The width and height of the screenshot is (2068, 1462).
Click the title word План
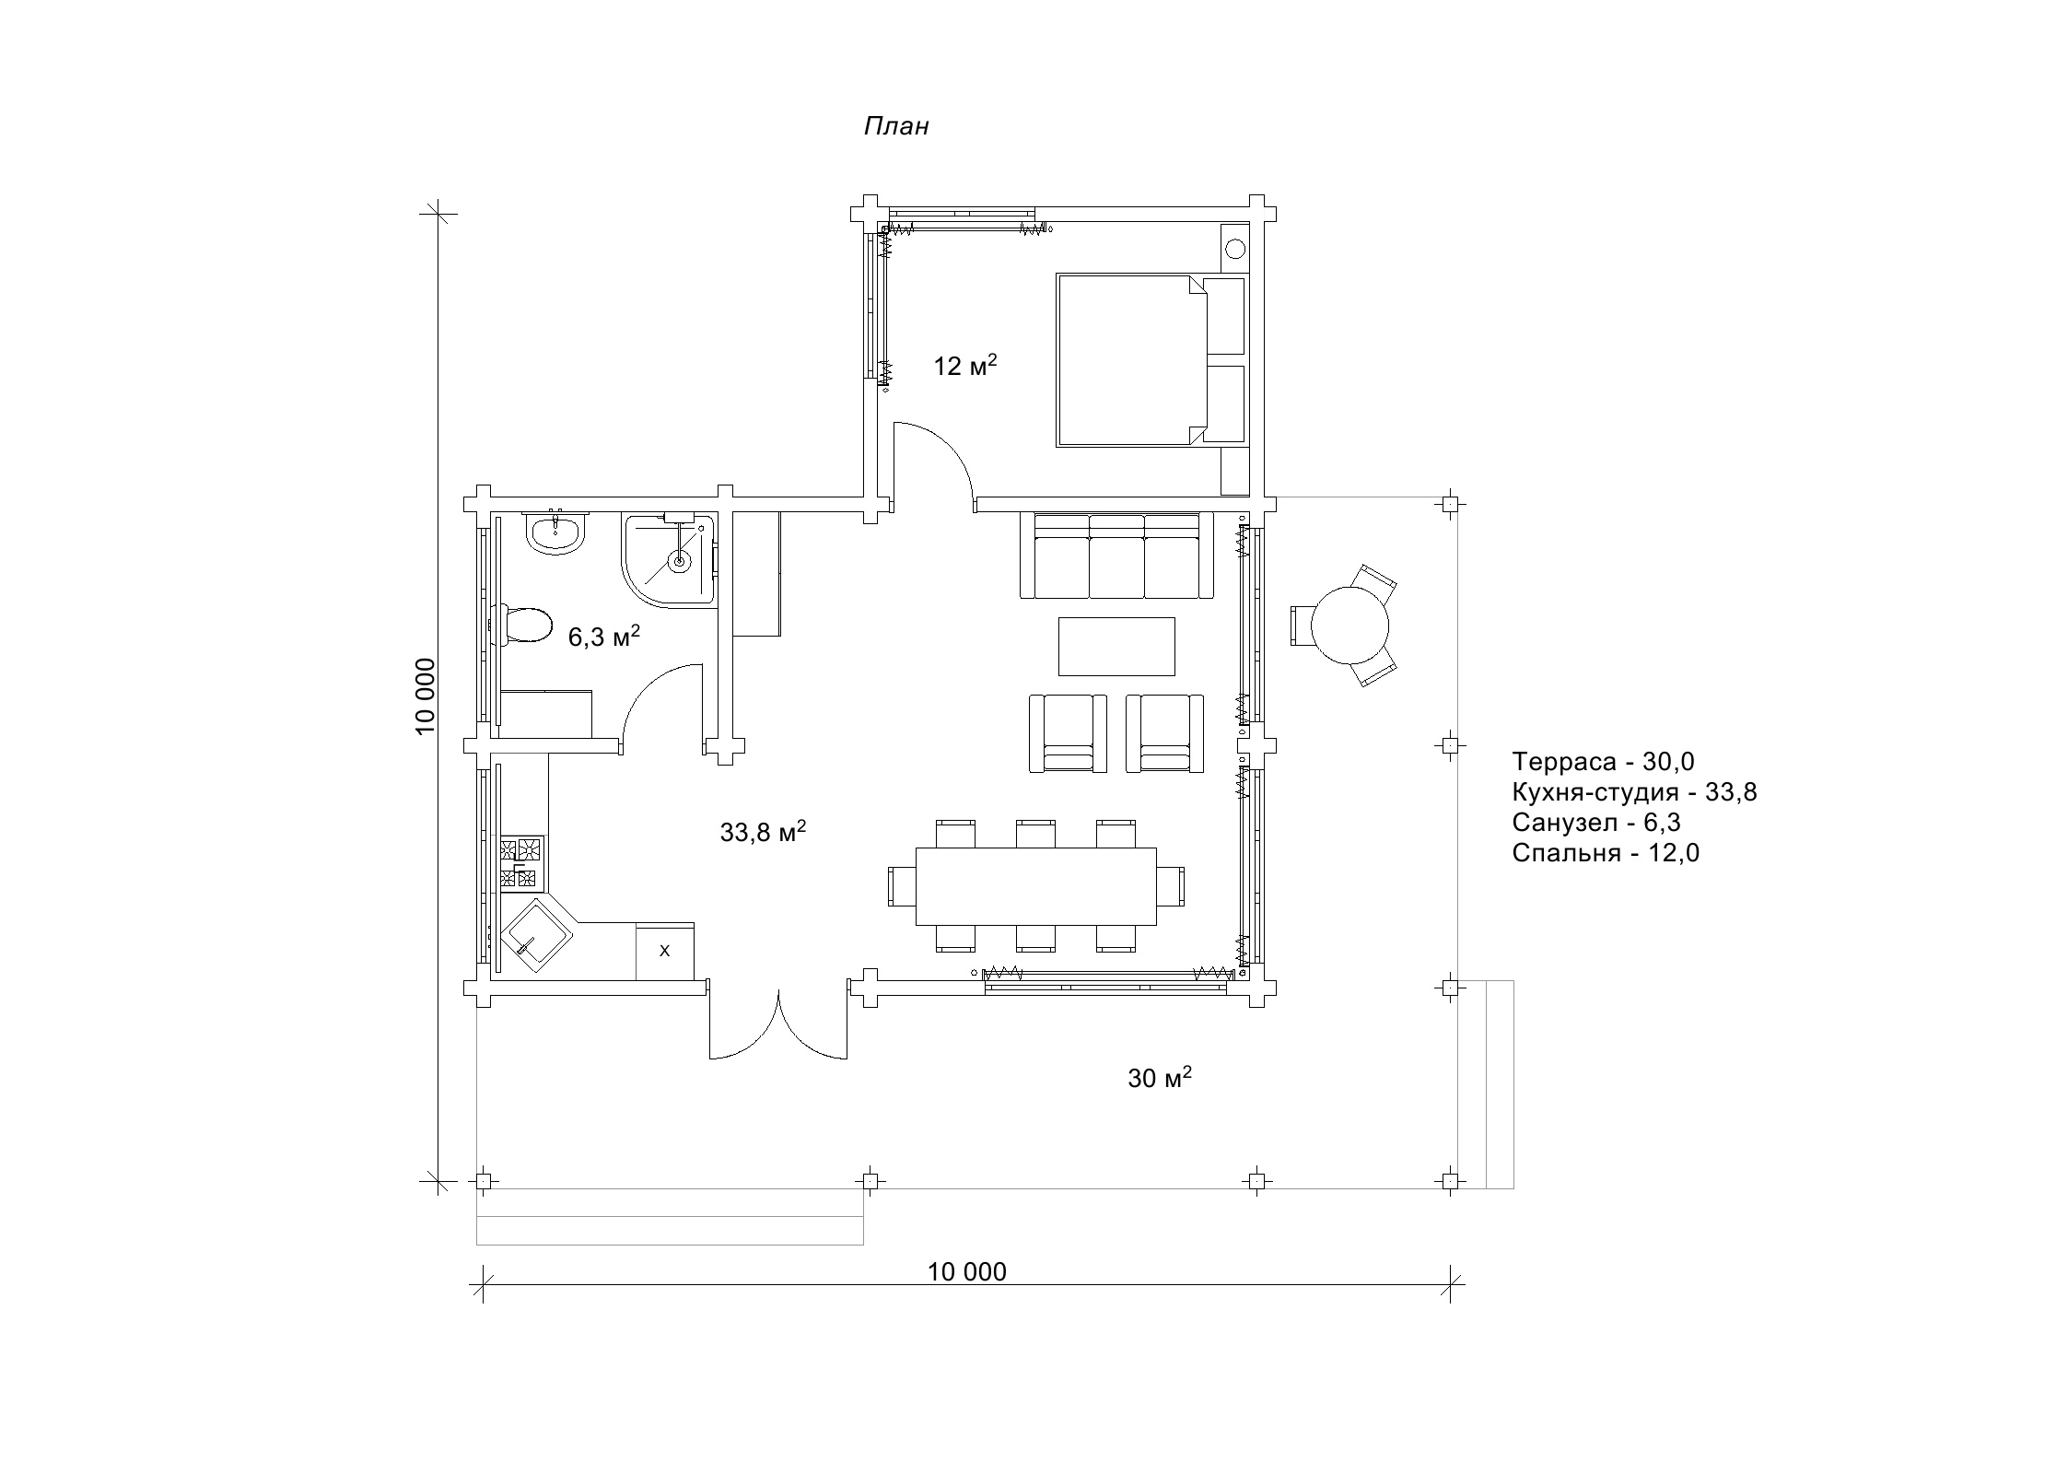[896, 126]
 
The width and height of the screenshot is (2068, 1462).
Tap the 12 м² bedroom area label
[965, 366]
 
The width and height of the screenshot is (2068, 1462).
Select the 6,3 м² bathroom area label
[603, 637]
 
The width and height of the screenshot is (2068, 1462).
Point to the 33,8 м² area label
[763, 832]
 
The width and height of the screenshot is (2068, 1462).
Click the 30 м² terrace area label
[1160, 1077]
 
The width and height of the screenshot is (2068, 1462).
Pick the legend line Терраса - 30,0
[1603, 761]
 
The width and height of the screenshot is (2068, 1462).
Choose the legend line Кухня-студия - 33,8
[1634, 791]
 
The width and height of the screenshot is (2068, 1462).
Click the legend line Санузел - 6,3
[1595, 822]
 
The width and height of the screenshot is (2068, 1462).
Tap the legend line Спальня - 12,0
[1606, 852]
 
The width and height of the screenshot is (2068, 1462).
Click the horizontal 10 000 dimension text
[966, 1271]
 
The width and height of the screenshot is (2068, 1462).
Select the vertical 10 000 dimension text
[425, 696]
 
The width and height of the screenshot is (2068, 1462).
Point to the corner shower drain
[680, 560]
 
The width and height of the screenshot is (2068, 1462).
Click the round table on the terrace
[1349, 626]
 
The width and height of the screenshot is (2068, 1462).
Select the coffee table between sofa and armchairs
[1116, 646]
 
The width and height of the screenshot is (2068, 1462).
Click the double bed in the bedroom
[1131, 359]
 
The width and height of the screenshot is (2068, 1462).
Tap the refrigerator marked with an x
[665, 951]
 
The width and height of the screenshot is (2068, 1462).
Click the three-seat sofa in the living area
[1116, 556]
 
